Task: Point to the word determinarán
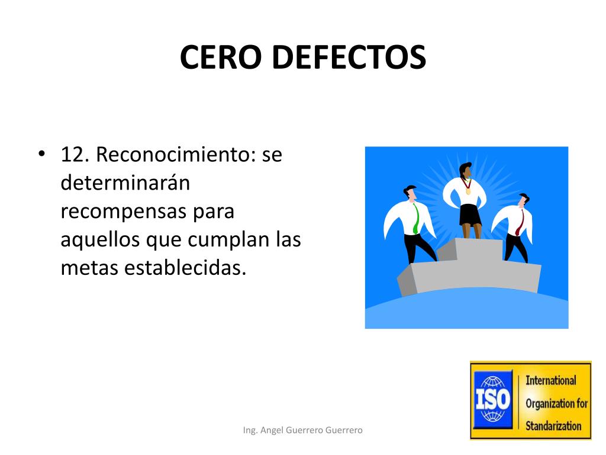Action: (x=125, y=183)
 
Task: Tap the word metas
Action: (x=89, y=268)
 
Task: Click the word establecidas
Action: (x=185, y=268)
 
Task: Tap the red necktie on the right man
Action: (x=518, y=222)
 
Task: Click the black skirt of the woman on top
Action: (x=470, y=214)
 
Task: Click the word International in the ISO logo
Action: (x=551, y=380)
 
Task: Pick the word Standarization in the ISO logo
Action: (x=554, y=425)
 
